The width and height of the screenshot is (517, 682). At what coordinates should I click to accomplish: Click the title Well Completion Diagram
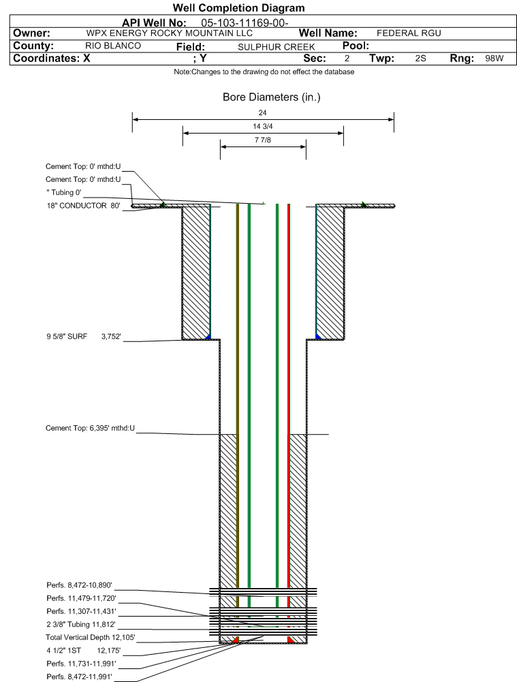pos(238,7)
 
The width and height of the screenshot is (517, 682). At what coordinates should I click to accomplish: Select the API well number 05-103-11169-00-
pos(245,22)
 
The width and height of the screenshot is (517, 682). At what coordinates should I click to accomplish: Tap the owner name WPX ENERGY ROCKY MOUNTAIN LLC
pos(169,33)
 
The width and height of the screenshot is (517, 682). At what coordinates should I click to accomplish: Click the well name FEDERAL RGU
pos(409,33)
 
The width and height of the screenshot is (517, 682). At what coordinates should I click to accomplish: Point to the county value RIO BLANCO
pos(113,46)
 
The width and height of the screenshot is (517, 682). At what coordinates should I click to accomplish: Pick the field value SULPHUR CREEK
pos(276,47)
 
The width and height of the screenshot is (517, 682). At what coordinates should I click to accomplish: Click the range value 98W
pos(495,59)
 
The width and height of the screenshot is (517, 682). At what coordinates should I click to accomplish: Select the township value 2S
pos(420,59)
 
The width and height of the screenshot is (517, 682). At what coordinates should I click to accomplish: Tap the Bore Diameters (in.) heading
pos(271,97)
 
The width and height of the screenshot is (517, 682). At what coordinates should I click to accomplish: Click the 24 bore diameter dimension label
pos(262,112)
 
